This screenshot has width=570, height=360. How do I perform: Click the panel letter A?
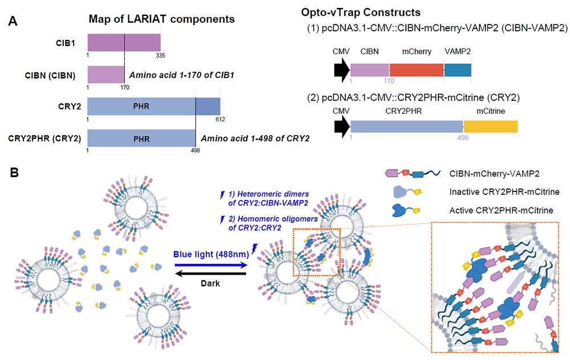pyautogui.click(x=13, y=21)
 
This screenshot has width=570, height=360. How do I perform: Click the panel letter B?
pyautogui.click(x=14, y=172)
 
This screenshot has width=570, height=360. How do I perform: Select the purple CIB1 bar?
pyautogui.click(x=124, y=43)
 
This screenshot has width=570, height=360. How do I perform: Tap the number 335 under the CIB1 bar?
pyautogui.click(x=160, y=55)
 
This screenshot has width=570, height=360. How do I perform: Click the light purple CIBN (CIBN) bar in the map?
pyautogui.click(x=106, y=75)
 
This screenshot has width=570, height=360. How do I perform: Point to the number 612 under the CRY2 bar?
pyautogui.click(x=220, y=119)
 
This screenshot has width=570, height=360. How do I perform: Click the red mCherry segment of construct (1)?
pyautogui.click(x=417, y=69)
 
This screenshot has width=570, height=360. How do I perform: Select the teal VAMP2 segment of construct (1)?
pyautogui.click(x=458, y=69)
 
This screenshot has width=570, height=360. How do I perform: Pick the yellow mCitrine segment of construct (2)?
pyautogui.click(x=491, y=126)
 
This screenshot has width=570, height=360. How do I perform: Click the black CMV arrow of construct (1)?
pyautogui.click(x=341, y=69)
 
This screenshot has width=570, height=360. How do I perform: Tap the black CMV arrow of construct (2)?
pyautogui.click(x=341, y=126)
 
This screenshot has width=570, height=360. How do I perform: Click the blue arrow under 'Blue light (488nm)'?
pyautogui.click(x=211, y=265)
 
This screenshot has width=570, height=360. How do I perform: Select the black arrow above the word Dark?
pyautogui.click(x=210, y=273)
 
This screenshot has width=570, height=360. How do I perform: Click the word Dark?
pyautogui.click(x=210, y=283)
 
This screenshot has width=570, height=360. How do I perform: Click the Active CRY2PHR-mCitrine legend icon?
pyautogui.click(x=406, y=210)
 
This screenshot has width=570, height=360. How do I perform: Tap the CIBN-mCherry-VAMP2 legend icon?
pyautogui.click(x=412, y=173)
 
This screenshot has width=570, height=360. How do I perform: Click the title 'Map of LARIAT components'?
pyautogui.click(x=162, y=19)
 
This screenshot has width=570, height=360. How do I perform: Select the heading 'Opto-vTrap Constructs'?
pyautogui.click(x=361, y=13)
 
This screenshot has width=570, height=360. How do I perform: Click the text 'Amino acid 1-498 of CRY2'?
pyautogui.click(x=255, y=138)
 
